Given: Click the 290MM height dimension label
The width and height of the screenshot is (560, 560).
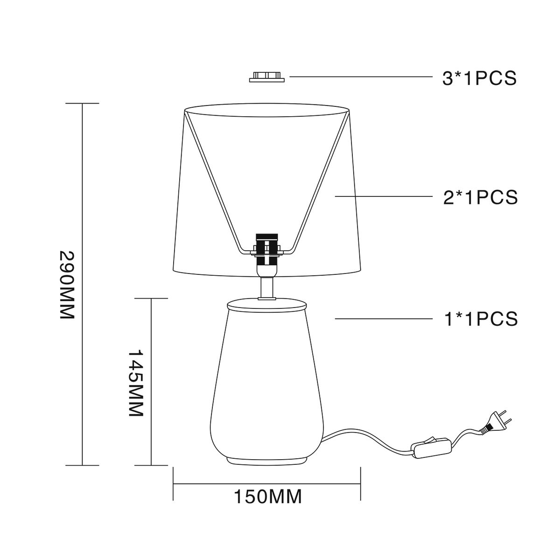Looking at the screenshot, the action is [x=67, y=285].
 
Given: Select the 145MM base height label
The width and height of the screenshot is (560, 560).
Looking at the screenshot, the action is [x=136, y=383].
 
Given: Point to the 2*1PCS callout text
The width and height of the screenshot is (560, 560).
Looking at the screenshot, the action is [x=480, y=197].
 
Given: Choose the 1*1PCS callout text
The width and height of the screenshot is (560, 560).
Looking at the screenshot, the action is [x=481, y=319].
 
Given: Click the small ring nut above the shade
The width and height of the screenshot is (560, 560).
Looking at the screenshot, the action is [x=267, y=77].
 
